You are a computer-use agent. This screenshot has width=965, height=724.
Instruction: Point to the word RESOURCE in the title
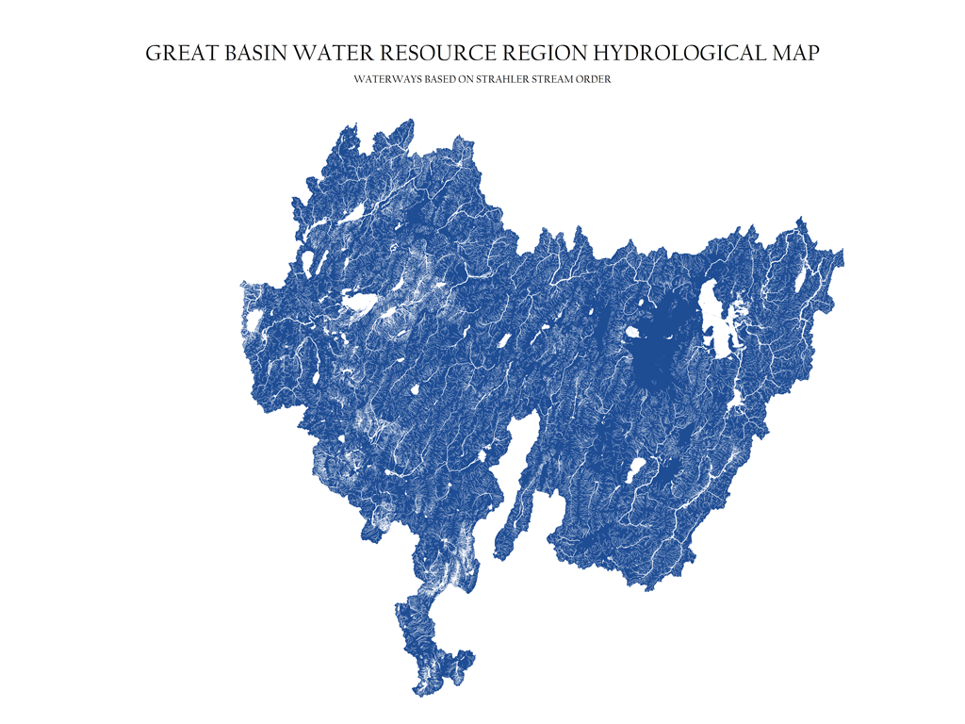point(424,54)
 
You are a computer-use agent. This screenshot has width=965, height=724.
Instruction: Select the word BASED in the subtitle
point(440,80)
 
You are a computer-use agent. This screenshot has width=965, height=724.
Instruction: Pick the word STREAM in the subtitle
point(559,80)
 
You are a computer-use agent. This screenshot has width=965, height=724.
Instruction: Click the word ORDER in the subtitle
point(598,80)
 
